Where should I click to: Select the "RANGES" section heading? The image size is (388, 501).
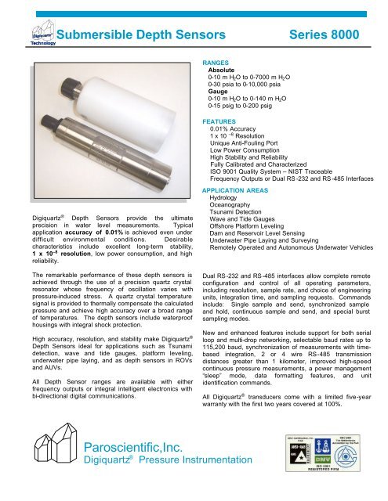coord(219,61)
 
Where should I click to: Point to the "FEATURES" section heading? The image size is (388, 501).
coord(223,122)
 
